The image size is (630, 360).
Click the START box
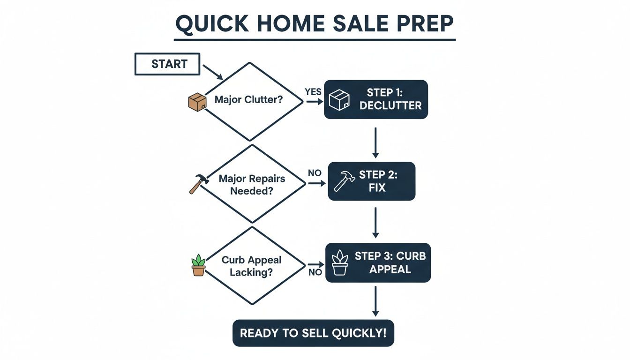point(167,64)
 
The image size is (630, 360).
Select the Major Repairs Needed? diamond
point(252,184)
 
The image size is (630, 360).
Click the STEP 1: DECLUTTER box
point(376,99)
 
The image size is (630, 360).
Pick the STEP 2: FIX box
point(371,181)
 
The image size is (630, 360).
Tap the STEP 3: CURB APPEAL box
point(378,263)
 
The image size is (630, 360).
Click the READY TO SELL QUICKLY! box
point(313,333)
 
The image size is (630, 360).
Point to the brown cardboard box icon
point(197,102)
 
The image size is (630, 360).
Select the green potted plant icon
point(198,265)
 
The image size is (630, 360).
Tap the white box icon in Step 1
point(339,100)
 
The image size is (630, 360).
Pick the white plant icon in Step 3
point(340,262)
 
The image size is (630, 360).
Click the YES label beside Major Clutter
point(313,91)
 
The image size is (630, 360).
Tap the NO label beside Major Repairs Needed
point(315,173)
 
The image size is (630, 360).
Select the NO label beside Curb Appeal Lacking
point(315,272)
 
